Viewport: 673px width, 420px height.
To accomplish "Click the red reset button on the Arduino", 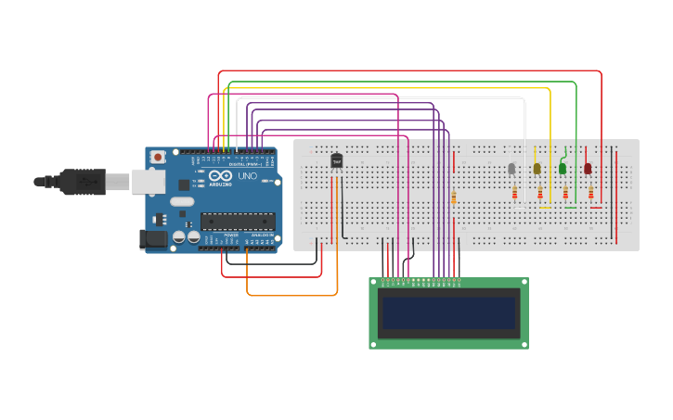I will pyautogui.click(x=158, y=158).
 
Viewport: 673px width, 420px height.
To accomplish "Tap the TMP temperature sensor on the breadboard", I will pyautogui.click(x=336, y=161).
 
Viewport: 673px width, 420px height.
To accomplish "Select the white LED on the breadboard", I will pyautogui.click(x=511, y=168).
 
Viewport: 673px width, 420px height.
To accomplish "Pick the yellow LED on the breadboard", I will pyautogui.click(x=537, y=168).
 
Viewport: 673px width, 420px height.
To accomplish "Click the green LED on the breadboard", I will pyautogui.click(x=563, y=168).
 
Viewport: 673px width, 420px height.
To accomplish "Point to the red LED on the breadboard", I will pyautogui.click(x=588, y=168).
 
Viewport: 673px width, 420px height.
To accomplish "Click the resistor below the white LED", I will pyautogui.click(x=515, y=193).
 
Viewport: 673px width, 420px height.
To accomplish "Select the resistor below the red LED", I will pyautogui.click(x=591, y=193).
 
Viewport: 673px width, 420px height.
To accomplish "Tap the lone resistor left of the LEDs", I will pyautogui.click(x=453, y=197).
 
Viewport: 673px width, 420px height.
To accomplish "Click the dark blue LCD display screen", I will pyautogui.click(x=448, y=312).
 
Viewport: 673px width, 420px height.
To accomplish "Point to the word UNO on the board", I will pyautogui.click(x=248, y=176).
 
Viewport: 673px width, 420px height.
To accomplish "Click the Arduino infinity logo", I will pyautogui.click(x=220, y=176).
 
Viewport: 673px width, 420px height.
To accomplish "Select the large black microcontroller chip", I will pyautogui.click(x=238, y=222).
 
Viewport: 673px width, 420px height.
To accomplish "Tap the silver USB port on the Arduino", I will pyautogui.click(x=149, y=181).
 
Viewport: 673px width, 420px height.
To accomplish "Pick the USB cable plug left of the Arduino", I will pyautogui.click(x=84, y=182).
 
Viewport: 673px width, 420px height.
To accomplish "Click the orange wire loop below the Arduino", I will pyautogui.click(x=291, y=295).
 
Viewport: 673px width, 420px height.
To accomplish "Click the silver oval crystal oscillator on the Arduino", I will pyautogui.click(x=182, y=201).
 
